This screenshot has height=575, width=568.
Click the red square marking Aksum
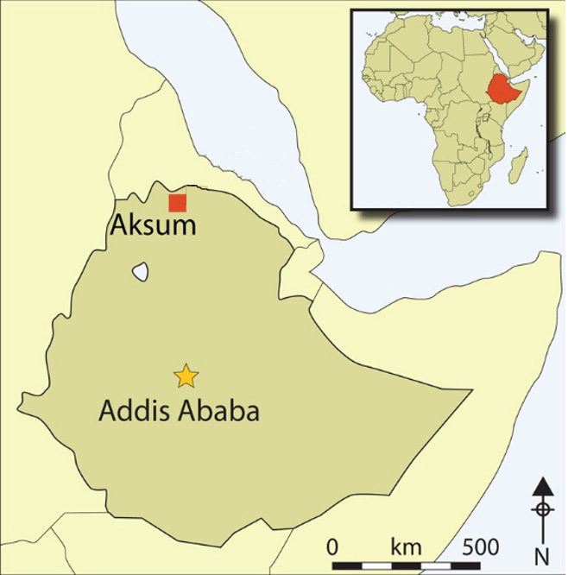click(x=177, y=203)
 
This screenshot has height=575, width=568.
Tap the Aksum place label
click(x=153, y=225)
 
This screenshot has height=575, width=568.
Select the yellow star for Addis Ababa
click(x=186, y=376)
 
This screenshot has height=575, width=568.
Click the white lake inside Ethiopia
click(x=140, y=272)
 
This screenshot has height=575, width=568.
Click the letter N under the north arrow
click(x=542, y=553)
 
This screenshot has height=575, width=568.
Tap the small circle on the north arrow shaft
click(x=542, y=509)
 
